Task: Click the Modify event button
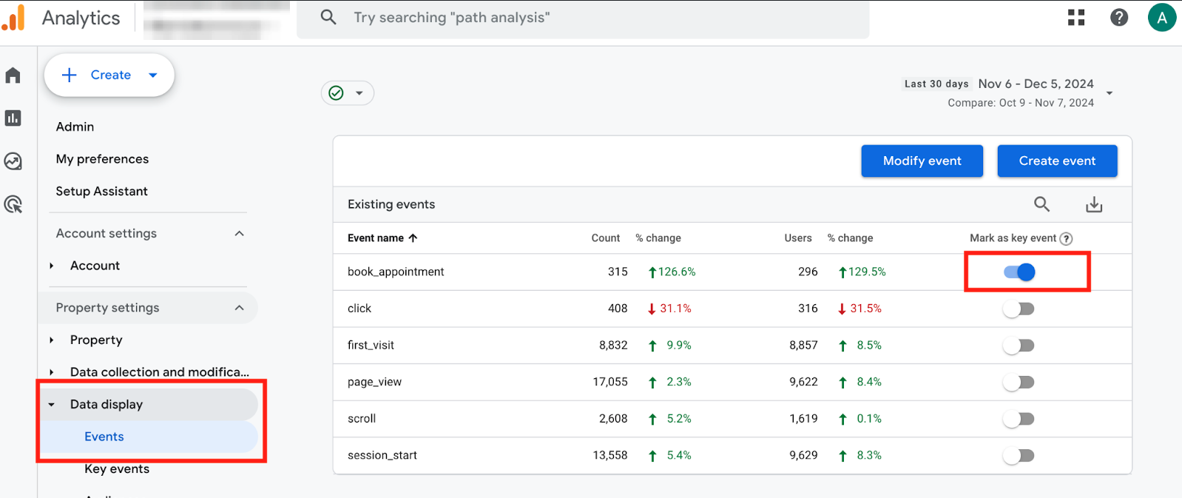tap(922, 161)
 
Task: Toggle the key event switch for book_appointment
tap(1019, 272)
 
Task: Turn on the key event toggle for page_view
tap(1019, 382)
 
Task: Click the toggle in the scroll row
tap(1019, 419)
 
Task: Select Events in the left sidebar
tap(104, 437)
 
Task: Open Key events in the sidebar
tap(117, 469)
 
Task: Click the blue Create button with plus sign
tap(109, 75)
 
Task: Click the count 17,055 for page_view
tap(609, 382)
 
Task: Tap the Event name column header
tap(376, 238)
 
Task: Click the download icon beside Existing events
tap(1094, 205)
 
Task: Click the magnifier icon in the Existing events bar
tap(1041, 204)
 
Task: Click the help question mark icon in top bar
tap(1119, 17)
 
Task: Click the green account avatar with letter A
tap(1161, 18)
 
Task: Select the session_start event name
tap(382, 455)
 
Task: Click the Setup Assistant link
tap(101, 191)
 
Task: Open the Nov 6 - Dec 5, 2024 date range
tap(1036, 84)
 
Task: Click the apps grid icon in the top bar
tap(1076, 17)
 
